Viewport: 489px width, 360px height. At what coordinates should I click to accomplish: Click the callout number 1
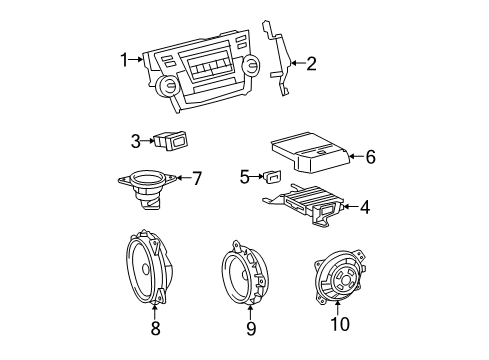point(125,61)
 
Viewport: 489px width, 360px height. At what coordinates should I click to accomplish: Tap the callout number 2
point(311,65)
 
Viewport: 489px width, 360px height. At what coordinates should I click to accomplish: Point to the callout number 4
point(364,208)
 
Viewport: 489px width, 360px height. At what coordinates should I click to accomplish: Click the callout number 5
point(244,177)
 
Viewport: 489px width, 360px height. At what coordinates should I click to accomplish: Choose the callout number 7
point(196,179)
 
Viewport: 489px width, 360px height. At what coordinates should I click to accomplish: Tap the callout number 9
point(251,326)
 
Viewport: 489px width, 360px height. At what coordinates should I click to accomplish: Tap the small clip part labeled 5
point(271,178)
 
